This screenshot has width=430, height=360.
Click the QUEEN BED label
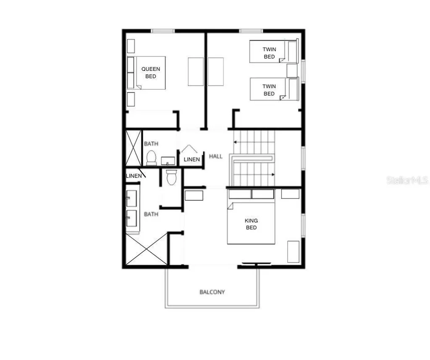point(150,73)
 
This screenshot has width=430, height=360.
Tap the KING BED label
point(251,224)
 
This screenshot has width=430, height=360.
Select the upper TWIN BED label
point(269,53)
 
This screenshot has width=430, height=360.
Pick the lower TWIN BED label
point(269,90)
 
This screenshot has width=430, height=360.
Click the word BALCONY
point(212,292)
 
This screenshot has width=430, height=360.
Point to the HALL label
point(216,157)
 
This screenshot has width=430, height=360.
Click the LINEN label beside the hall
point(192,159)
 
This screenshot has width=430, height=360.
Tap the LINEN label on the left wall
point(134,176)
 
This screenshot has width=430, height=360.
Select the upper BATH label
point(151,143)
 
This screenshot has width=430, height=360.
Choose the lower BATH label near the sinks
point(151,214)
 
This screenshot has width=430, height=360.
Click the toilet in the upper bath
point(151,158)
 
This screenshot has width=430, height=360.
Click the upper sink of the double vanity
point(131,198)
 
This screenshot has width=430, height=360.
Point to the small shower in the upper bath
point(134,148)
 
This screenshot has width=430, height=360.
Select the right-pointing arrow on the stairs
point(273,174)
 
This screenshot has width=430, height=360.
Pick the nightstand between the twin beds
point(292,70)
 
